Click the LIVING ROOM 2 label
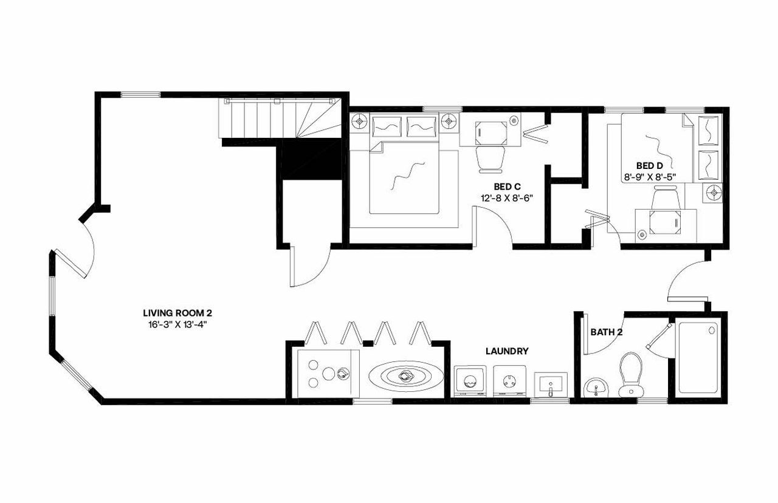177,313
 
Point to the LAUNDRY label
506,351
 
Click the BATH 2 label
606,332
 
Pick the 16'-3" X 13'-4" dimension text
177,324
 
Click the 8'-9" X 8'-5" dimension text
650,177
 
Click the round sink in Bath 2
594,388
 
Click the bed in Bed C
404,176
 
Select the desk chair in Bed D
664,199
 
